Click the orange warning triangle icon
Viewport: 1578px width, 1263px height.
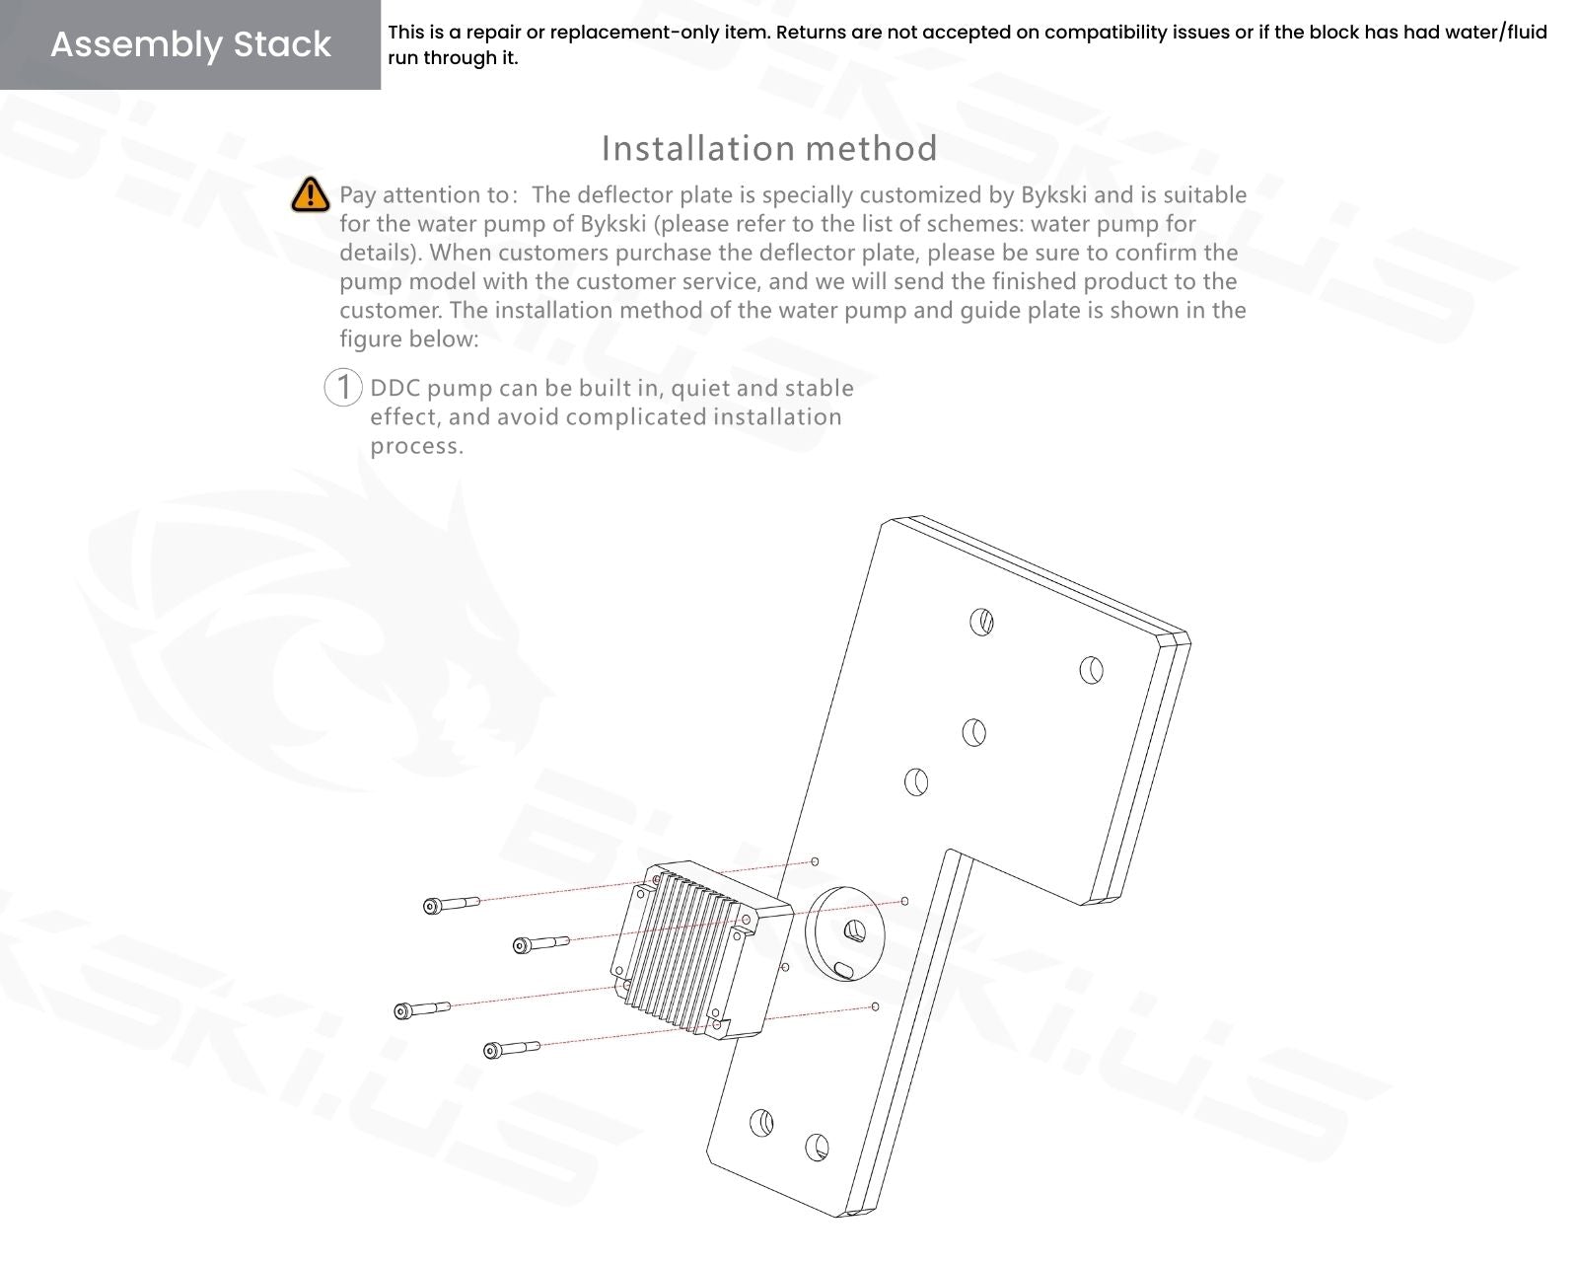[x=310, y=194]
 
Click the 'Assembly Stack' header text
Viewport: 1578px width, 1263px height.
[x=190, y=44]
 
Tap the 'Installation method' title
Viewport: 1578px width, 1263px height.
[x=769, y=148]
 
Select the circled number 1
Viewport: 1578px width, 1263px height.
[x=343, y=387]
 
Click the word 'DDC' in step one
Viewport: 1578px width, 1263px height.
[x=395, y=388]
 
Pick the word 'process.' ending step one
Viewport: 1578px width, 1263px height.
[x=416, y=446]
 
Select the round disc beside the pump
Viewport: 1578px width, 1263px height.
[x=845, y=933]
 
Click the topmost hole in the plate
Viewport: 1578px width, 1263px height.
[x=981, y=622]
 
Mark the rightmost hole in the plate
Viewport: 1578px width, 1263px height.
[x=1091, y=670]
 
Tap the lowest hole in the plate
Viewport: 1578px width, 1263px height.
[x=817, y=1147]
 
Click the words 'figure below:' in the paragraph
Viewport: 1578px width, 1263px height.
[x=409, y=339]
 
